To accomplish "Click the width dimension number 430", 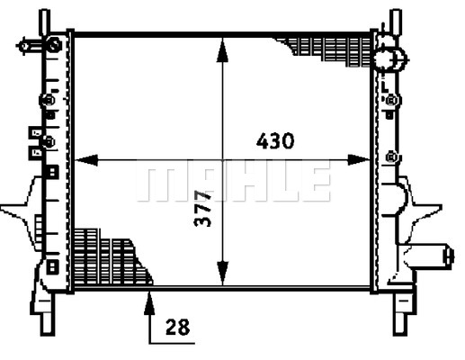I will (x=275, y=141).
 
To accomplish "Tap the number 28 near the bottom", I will (x=179, y=328).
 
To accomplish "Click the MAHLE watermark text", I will (x=232, y=183).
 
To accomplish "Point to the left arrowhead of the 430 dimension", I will (x=80, y=162).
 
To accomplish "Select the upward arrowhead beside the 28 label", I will (x=148, y=299).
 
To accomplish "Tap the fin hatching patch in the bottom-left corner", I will (x=103, y=256).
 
